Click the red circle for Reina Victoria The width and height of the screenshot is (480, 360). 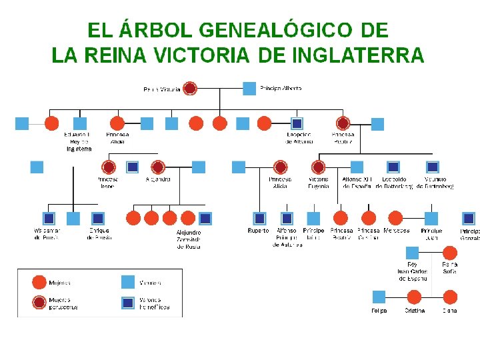190,88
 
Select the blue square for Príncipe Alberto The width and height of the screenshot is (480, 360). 249,88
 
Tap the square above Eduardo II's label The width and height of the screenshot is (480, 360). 80,123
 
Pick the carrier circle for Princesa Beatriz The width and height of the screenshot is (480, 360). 343,123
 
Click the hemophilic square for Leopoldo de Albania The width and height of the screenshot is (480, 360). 297,123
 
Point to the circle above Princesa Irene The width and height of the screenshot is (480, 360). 109,167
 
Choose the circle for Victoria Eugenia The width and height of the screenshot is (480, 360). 319,167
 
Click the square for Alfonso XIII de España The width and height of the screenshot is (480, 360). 357,167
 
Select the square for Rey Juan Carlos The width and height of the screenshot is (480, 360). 413,253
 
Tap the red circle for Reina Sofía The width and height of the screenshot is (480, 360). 450,253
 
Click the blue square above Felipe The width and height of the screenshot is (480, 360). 379,297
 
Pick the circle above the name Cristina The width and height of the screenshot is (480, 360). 414,297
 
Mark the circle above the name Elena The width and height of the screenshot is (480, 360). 450,297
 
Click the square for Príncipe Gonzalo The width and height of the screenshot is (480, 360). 469,218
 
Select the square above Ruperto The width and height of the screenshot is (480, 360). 259,218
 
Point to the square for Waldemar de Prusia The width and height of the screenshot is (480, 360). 49,218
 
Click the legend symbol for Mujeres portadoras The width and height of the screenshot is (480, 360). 39,303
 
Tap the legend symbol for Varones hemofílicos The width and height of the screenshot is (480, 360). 128,303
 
